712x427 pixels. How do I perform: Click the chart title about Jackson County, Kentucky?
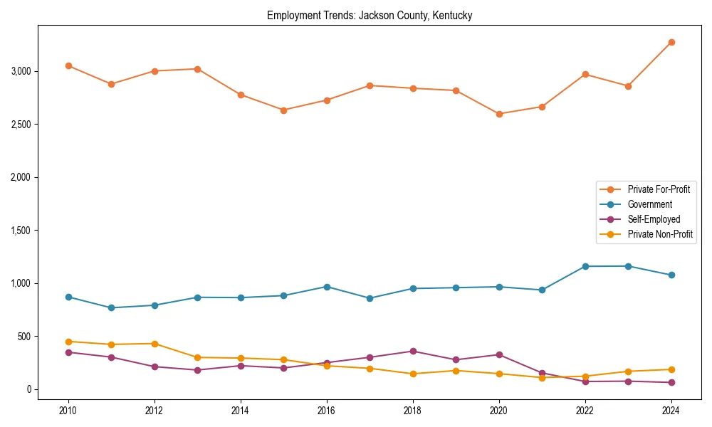coord(370,15)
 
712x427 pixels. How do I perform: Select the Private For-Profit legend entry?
coord(658,189)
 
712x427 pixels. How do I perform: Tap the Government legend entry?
coord(649,204)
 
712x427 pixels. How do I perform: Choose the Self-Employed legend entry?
coord(654,219)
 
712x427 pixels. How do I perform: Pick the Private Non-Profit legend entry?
coord(660,234)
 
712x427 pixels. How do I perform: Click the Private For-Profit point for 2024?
coord(671,42)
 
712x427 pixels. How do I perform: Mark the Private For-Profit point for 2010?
coord(68,65)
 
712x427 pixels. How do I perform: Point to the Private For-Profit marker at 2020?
coord(499,114)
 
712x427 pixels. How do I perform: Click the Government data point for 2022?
coord(585,266)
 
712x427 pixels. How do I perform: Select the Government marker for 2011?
coord(112,308)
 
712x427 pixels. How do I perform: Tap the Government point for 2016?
coord(327,287)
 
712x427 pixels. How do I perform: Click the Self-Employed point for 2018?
coord(413,351)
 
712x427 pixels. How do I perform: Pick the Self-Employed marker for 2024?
coord(671,383)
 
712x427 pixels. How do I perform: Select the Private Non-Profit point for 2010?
coord(68,342)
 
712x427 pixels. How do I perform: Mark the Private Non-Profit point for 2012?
coord(155,344)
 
